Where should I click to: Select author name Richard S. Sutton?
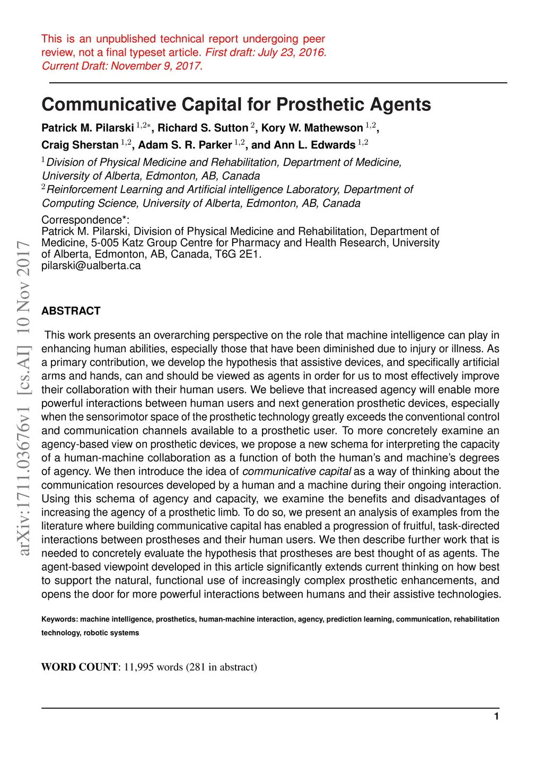(x=203, y=128)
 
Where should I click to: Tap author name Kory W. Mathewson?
(x=312, y=128)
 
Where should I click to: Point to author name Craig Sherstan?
(x=80, y=145)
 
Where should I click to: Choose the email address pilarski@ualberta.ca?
(x=91, y=266)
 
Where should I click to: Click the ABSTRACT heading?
(x=71, y=311)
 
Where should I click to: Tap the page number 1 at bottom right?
(x=496, y=717)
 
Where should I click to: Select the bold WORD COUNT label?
(x=80, y=667)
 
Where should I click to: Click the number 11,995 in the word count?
(x=139, y=667)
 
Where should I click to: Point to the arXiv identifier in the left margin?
(x=23, y=398)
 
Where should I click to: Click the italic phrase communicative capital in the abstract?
(x=296, y=472)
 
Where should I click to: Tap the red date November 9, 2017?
(x=156, y=66)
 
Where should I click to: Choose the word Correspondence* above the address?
(x=85, y=220)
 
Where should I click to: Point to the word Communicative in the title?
(x=109, y=104)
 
